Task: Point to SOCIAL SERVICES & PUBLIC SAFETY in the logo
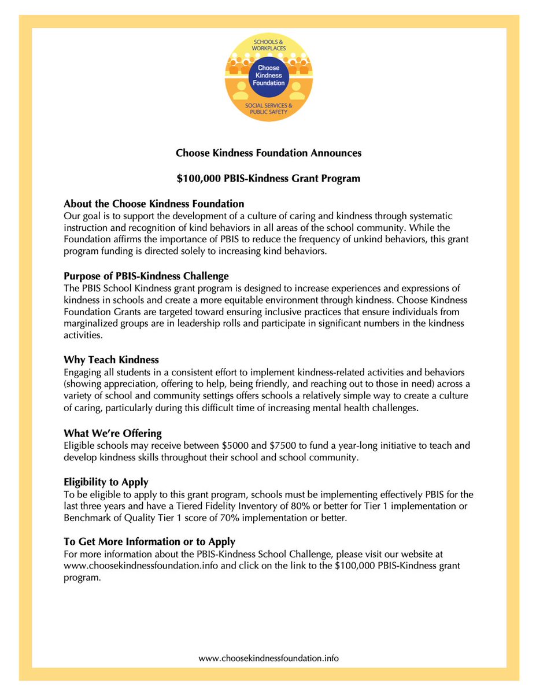tap(268, 108)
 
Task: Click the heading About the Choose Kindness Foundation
tap(154, 204)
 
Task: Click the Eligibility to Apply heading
tap(106, 481)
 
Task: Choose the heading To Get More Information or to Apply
tap(149, 542)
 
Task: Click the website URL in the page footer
tap(268, 658)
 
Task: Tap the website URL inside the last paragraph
tap(141, 566)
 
